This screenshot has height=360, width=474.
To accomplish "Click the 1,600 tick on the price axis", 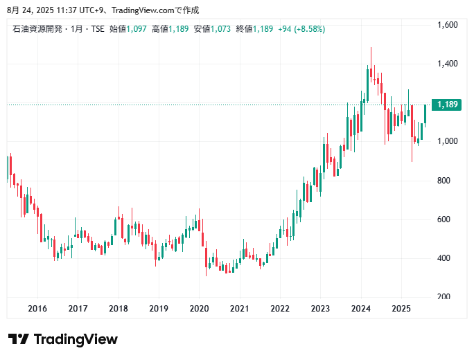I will coord(448,25).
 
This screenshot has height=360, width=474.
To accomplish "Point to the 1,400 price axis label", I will coord(448,64).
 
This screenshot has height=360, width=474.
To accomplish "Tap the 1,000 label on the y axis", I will coord(448,141).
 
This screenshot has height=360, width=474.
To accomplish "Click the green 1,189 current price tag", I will coord(448,105).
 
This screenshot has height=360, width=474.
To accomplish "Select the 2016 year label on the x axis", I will coord(37,309).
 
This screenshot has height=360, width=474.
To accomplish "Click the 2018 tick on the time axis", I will coord(119,309).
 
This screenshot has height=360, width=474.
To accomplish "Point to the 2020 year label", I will coord(200,309).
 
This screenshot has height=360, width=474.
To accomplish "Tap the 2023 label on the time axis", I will coord(321,309).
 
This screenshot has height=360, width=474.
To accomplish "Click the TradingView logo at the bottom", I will coord(63,339).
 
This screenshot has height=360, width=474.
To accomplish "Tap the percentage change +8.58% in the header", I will coord(310,28).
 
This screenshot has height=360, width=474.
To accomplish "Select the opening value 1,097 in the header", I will coord(136,28).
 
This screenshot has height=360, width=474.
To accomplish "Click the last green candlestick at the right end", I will coord(425,114).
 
